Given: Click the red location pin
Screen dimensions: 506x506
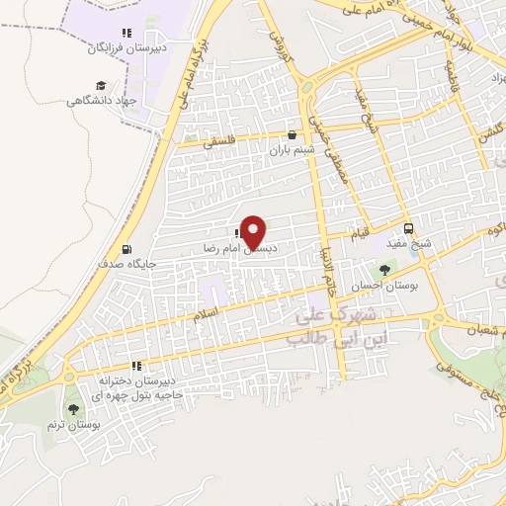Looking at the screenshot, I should [x=254, y=232].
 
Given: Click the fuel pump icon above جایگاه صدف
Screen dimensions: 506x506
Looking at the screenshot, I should [x=126, y=249].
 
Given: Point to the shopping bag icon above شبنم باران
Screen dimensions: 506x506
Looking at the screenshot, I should [x=292, y=135].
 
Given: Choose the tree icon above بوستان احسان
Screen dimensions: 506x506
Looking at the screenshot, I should [x=384, y=269].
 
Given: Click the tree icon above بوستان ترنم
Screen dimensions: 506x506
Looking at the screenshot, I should [x=72, y=408].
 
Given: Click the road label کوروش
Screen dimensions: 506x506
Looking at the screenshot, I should [x=278, y=42].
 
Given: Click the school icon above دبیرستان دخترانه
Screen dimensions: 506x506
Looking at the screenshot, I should [x=137, y=366].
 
